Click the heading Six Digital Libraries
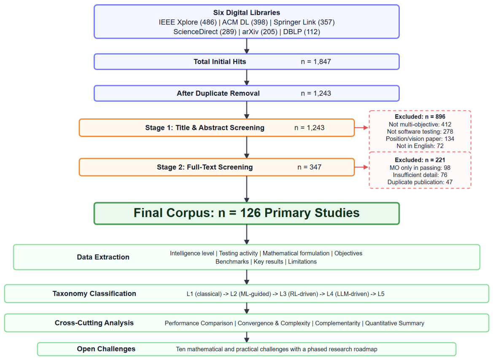point(246,13)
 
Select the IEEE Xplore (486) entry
point(188,22)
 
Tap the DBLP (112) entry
point(302,32)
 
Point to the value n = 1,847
point(316,62)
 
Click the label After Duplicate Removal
point(218,94)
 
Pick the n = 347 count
point(310,167)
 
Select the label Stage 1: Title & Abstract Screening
point(205,128)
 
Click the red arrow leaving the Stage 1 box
point(361,128)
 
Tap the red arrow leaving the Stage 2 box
point(361,167)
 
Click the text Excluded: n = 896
point(420,117)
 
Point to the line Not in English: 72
point(420,146)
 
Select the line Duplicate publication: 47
point(420,182)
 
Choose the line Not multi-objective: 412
point(420,124)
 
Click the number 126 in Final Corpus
point(251,213)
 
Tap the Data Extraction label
point(103,257)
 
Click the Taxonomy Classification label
point(94,294)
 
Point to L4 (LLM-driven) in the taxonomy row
point(348,294)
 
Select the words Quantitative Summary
point(395,323)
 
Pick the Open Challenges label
point(106,349)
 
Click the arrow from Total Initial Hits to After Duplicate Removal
point(247,77)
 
